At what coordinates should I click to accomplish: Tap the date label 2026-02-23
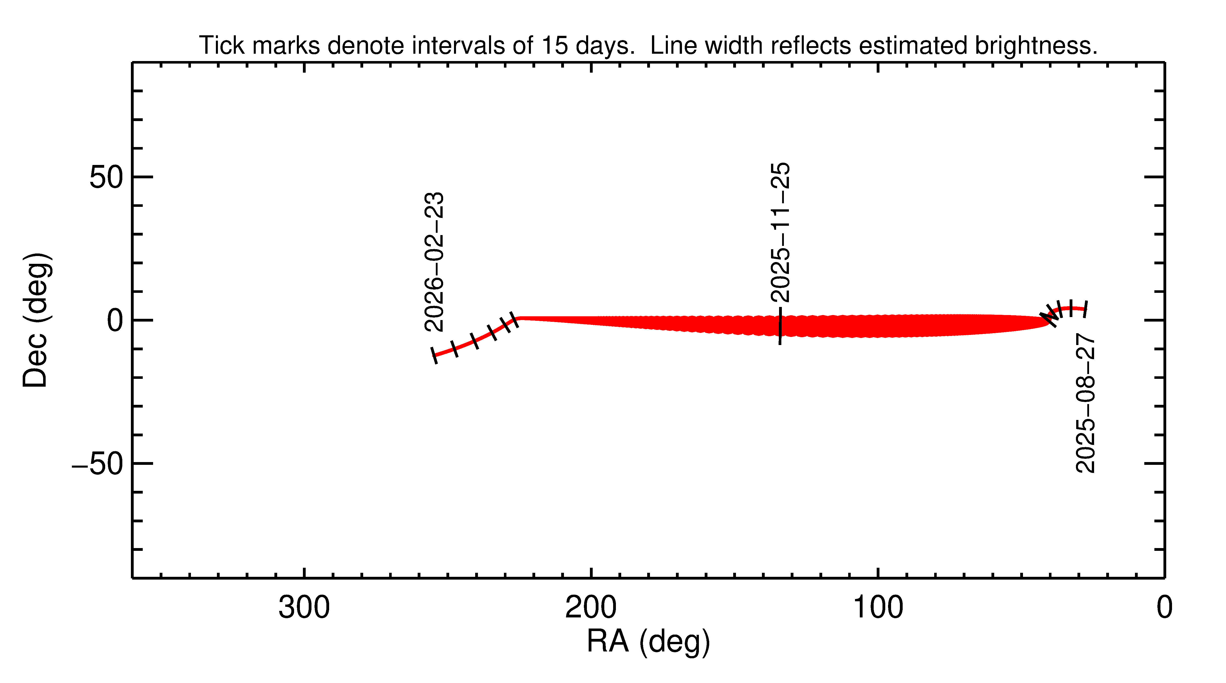434,262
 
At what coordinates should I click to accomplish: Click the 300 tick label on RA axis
304,608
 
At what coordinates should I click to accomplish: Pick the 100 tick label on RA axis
878,608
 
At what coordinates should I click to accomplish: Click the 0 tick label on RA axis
1164,608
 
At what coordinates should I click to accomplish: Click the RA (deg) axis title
648,642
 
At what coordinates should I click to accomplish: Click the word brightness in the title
1035,46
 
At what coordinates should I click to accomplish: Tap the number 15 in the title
554,46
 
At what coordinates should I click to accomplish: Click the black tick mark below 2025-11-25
780,326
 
